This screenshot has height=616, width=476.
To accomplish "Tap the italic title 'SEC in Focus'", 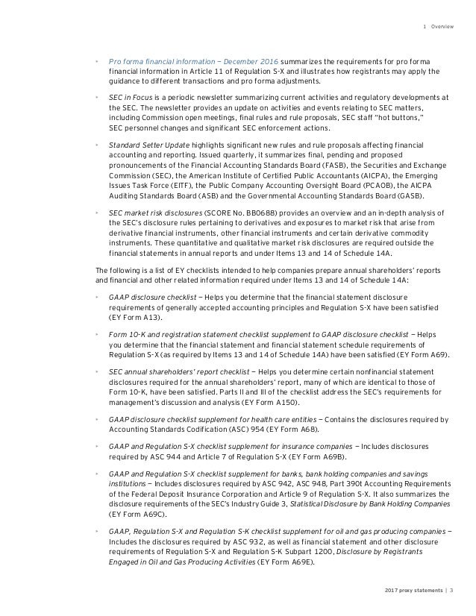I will point(130,96).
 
